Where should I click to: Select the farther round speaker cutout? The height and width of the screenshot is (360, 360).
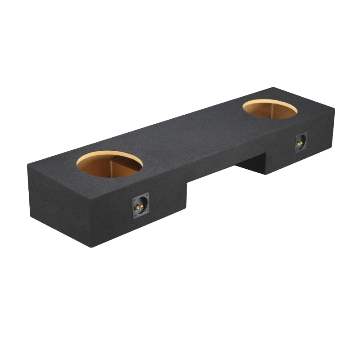270,109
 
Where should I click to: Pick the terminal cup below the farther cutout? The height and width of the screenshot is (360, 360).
301,143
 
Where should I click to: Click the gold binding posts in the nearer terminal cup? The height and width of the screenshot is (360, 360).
140,207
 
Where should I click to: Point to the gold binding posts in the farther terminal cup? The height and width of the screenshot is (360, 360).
300,143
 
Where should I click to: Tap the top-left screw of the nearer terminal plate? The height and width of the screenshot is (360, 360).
134,200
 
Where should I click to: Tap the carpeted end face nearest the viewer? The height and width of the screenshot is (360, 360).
58,202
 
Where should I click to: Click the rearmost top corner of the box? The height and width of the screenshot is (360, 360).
273,88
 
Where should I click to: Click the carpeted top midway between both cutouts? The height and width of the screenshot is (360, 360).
189,135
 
